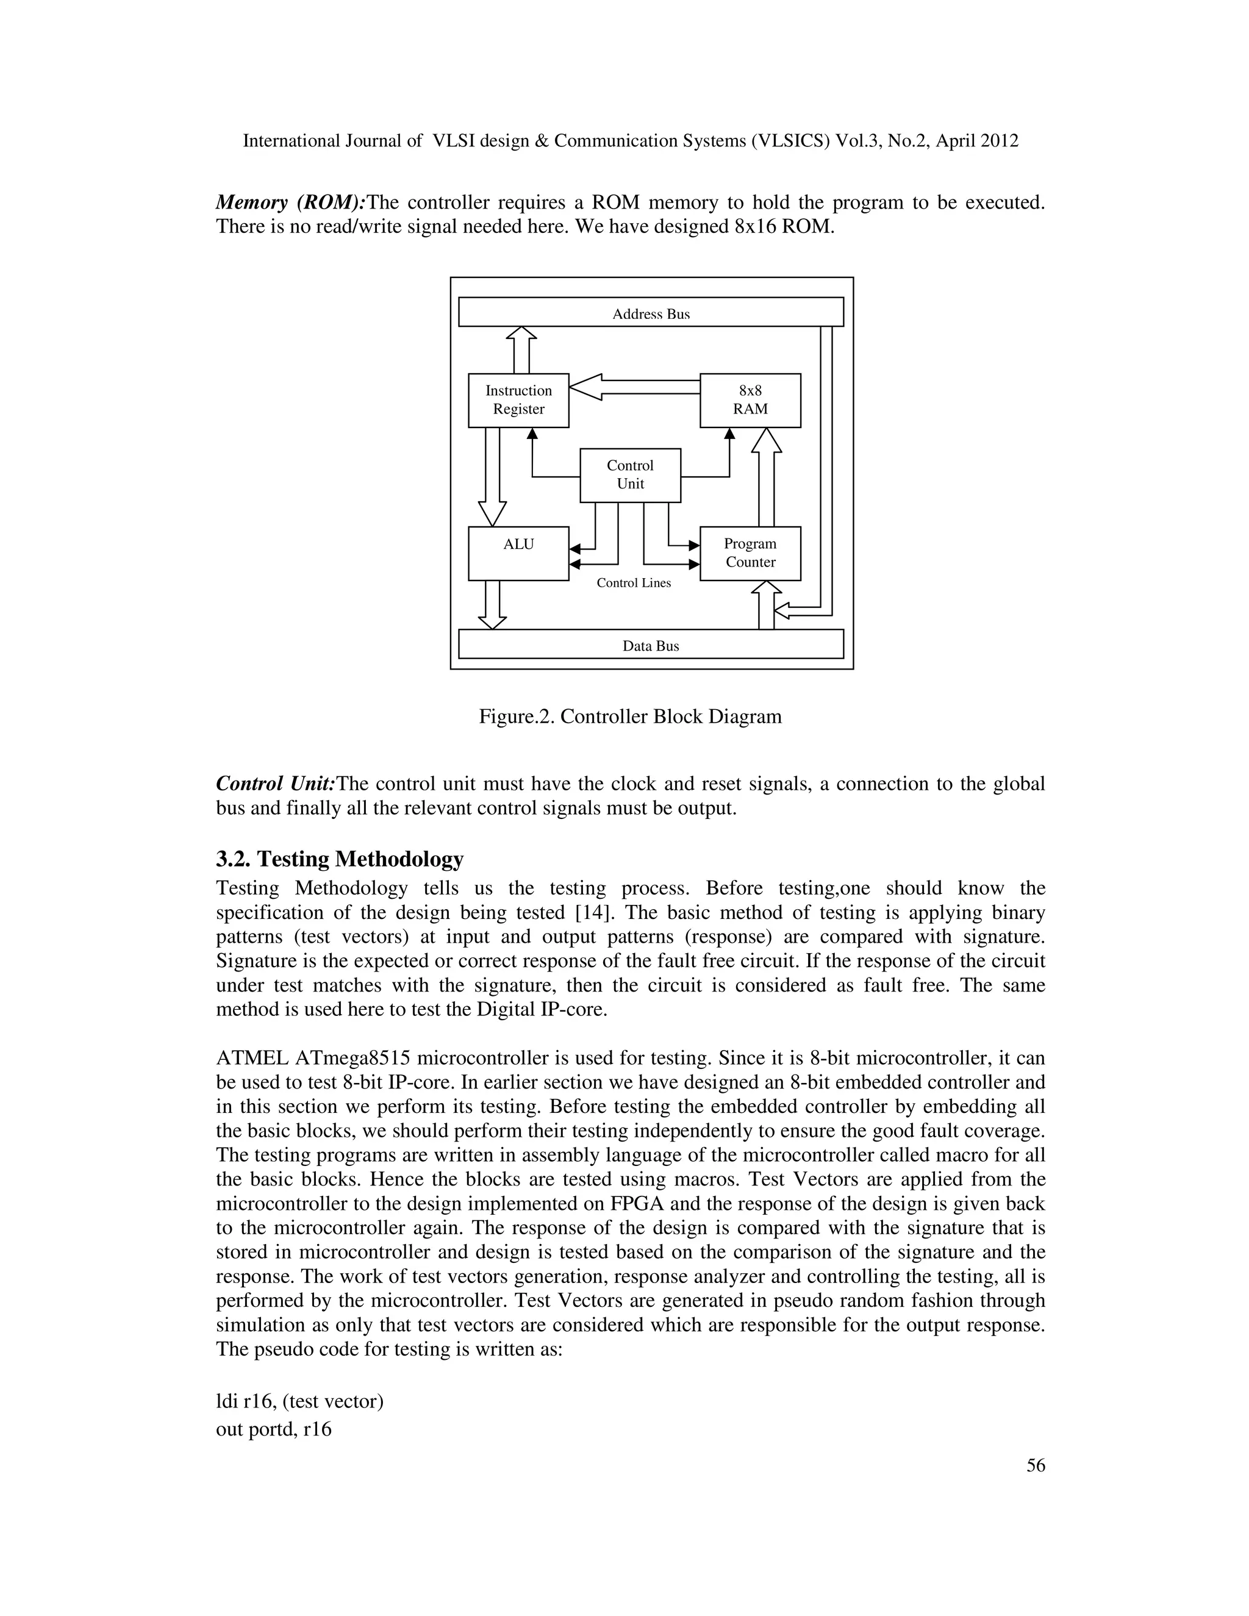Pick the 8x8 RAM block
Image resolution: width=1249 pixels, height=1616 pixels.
[x=750, y=400]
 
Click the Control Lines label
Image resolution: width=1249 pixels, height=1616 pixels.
[x=634, y=583]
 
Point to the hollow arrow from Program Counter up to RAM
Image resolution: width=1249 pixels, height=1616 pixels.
[x=766, y=477]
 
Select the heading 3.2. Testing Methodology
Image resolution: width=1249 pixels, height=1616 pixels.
[x=340, y=859]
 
